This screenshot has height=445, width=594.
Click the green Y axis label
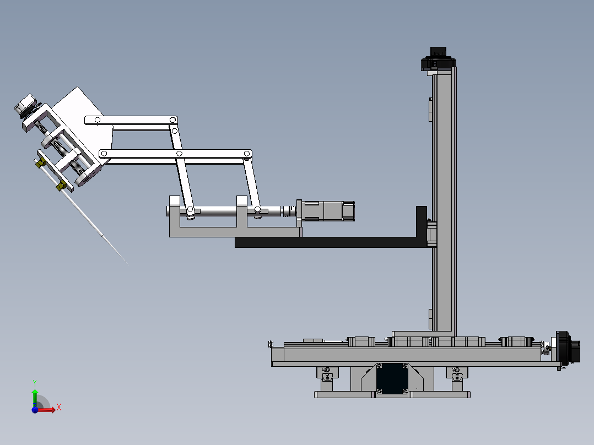[35, 383]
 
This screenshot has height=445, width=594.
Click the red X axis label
[59, 408]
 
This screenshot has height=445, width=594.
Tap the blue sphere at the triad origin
[35, 410]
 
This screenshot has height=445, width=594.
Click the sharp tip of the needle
[128, 264]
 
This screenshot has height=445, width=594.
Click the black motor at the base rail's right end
[568, 348]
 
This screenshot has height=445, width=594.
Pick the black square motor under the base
[392, 379]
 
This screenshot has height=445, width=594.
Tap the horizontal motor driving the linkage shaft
[326, 211]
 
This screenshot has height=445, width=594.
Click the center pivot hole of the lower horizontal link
[179, 154]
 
